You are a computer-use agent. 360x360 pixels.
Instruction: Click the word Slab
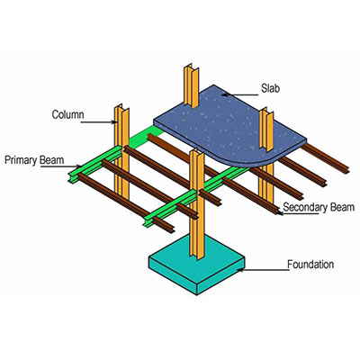(x=270, y=88)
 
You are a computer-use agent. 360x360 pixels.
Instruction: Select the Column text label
(x=67, y=114)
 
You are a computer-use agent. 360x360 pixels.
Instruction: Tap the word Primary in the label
(x=20, y=160)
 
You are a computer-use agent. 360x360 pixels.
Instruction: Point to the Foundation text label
(x=310, y=265)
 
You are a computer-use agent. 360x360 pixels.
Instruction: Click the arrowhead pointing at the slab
(x=225, y=95)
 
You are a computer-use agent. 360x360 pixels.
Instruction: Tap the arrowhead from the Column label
(x=113, y=121)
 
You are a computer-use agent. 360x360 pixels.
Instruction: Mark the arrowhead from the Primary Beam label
(x=79, y=166)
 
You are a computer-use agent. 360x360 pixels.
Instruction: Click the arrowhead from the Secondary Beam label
(x=279, y=213)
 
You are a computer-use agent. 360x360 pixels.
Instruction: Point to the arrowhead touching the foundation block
(x=240, y=270)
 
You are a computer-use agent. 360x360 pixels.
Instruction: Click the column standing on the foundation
(x=197, y=204)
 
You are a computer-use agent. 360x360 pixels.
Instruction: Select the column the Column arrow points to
(x=121, y=151)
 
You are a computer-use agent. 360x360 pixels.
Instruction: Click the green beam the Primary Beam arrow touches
(x=95, y=165)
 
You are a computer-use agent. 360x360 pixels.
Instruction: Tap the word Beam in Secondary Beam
(x=342, y=207)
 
